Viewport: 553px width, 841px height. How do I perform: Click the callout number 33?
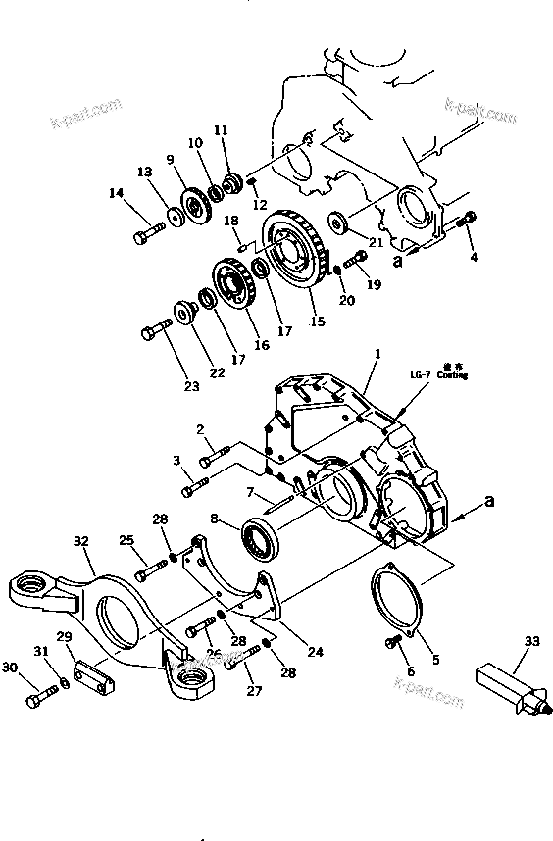[x=531, y=641]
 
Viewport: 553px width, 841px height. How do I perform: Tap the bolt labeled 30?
[x=40, y=697]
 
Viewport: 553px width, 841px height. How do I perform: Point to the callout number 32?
[x=80, y=540]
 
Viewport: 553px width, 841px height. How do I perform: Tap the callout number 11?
[x=220, y=129]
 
